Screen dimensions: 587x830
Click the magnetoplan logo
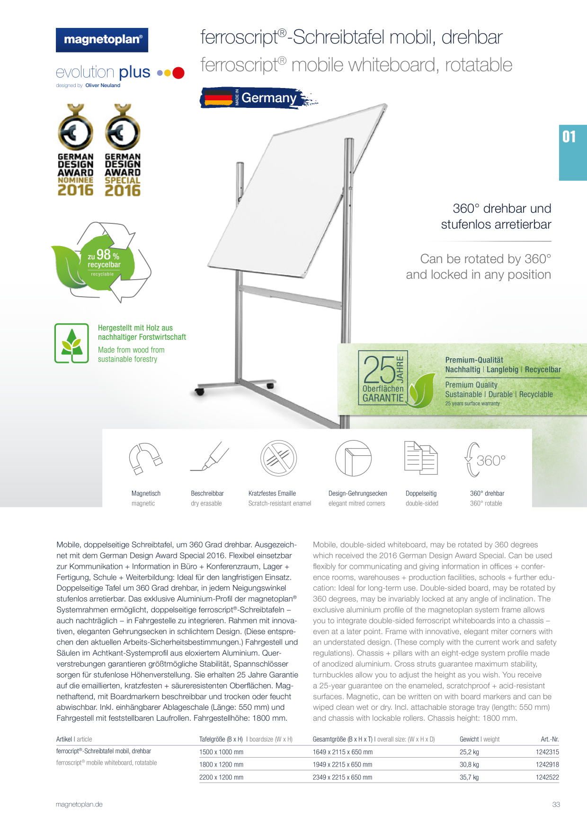click(102, 40)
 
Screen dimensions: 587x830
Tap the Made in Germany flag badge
click(258, 98)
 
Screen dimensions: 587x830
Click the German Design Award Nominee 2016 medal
click(75, 150)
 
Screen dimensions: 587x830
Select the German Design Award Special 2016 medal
click(123, 150)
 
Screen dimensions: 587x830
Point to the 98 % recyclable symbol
click(101, 262)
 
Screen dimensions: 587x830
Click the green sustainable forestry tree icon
click(71, 343)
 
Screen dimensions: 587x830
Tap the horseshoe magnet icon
click(146, 458)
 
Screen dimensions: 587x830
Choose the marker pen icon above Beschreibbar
click(209, 457)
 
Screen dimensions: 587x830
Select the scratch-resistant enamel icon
click(278, 458)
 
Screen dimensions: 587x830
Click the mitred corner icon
click(353, 458)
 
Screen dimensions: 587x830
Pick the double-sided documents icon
click(421, 458)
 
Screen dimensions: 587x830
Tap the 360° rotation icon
click(486, 459)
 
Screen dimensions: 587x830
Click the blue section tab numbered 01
click(573, 152)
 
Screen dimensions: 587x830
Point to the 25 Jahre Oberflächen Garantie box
click(383, 378)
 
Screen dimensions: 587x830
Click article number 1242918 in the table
click(547, 764)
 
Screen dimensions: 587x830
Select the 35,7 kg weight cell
click(469, 777)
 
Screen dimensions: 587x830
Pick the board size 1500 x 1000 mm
click(221, 752)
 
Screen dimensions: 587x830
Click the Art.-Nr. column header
click(550, 739)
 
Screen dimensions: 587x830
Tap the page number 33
click(556, 804)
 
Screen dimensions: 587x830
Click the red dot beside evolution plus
click(178, 73)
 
